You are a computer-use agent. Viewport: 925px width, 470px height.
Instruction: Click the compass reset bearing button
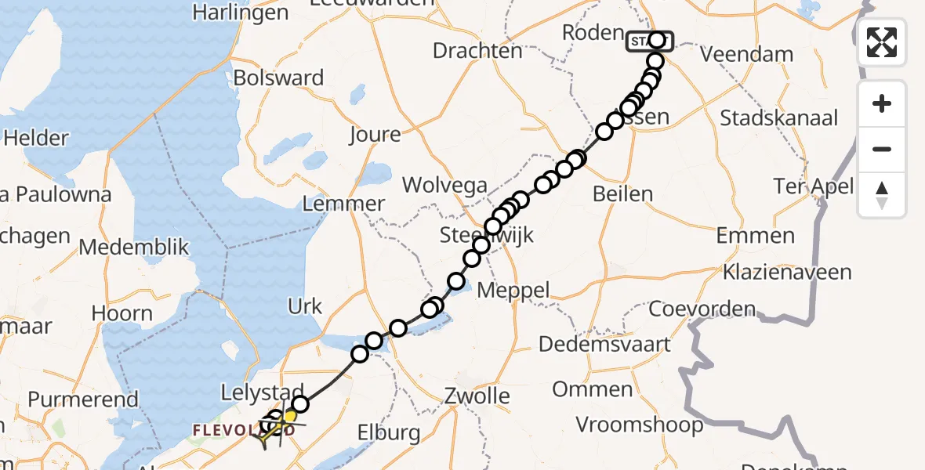pyautogui.click(x=882, y=195)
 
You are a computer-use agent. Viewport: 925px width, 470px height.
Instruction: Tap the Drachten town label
pyautogui.click(x=478, y=51)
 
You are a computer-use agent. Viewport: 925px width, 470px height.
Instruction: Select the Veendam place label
pyautogui.click(x=746, y=54)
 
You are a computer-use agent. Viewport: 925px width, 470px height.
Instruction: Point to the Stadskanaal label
pyautogui.click(x=778, y=118)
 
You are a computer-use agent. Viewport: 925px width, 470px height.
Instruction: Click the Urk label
pyautogui.click(x=305, y=306)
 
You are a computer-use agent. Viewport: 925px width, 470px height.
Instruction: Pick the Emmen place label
pyautogui.click(x=755, y=236)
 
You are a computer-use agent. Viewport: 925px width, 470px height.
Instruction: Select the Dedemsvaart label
pyautogui.click(x=604, y=344)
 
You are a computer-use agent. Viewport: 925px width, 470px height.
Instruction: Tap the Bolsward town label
pyautogui.click(x=278, y=78)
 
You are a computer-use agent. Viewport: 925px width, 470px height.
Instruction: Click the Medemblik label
pyautogui.click(x=134, y=248)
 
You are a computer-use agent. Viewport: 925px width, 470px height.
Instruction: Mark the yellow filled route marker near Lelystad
pyautogui.click(x=288, y=417)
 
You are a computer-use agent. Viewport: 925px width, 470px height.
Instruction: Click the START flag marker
pyautogui.click(x=649, y=40)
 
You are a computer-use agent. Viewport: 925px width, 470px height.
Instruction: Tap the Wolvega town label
pyautogui.click(x=444, y=186)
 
